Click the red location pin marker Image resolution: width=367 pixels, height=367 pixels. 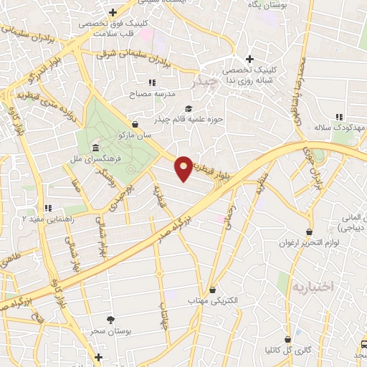[183, 167]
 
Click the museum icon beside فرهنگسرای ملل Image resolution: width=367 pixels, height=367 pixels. [95, 148]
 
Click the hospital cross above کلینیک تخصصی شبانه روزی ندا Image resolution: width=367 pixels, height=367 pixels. [249, 59]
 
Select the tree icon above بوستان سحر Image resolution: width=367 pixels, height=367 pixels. [110, 320]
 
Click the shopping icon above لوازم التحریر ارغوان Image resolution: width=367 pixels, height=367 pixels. [309, 232]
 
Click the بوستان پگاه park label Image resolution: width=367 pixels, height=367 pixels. [259, 4]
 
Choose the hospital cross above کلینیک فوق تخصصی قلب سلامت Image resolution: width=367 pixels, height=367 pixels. [113, 13]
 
